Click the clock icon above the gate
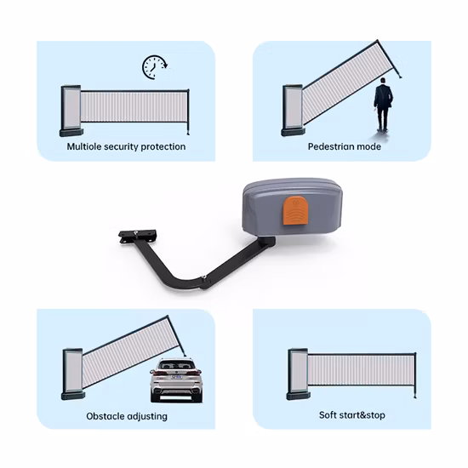[x=154, y=66]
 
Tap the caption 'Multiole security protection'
[x=126, y=146]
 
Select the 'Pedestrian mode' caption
[x=344, y=146]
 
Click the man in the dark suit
[x=383, y=104]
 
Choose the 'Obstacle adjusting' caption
[x=127, y=416]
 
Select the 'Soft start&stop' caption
[x=345, y=415]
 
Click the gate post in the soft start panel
[x=297, y=373]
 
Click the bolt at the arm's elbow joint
[x=204, y=277]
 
